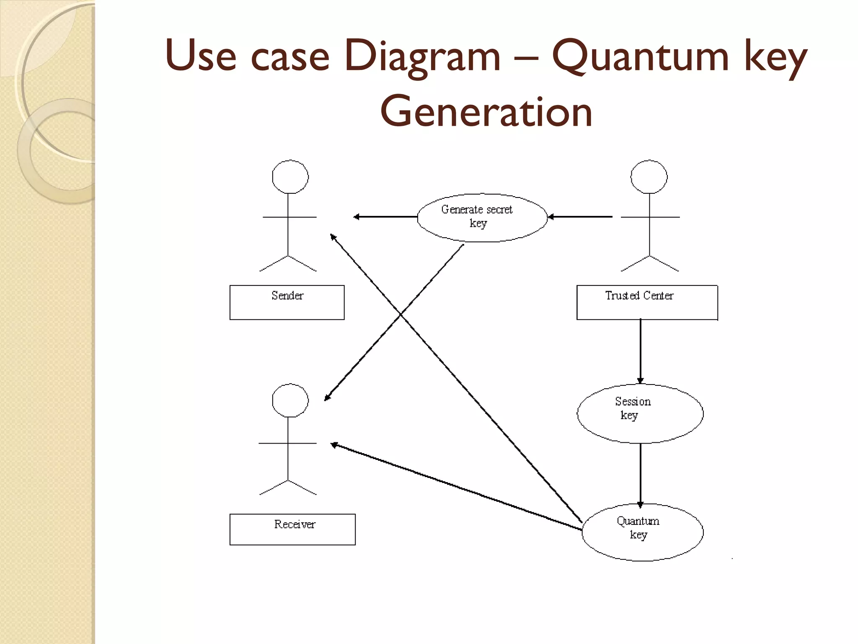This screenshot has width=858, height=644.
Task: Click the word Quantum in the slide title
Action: click(640, 57)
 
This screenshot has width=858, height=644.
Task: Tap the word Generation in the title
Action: click(486, 112)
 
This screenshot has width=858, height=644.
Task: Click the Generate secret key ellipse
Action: click(482, 217)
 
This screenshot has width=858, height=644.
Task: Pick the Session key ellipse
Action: click(640, 413)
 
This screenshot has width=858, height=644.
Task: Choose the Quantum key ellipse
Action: click(642, 532)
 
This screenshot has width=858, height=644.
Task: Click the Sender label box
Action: click(287, 302)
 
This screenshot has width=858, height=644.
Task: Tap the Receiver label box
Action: click(292, 529)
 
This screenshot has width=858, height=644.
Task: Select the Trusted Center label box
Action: click(647, 302)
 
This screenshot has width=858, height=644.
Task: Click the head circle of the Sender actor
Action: click(290, 177)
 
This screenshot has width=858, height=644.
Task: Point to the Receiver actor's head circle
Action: click(290, 400)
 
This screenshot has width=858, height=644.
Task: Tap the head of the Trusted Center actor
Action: click(649, 177)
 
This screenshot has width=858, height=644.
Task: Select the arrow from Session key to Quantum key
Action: click(640, 474)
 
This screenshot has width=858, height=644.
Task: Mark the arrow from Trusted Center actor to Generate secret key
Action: click(580, 217)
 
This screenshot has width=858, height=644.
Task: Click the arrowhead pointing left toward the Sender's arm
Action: click(356, 217)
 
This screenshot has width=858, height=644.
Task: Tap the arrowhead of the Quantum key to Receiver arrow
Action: click(334, 444)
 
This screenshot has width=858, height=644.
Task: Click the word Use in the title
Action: click(200, 57)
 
